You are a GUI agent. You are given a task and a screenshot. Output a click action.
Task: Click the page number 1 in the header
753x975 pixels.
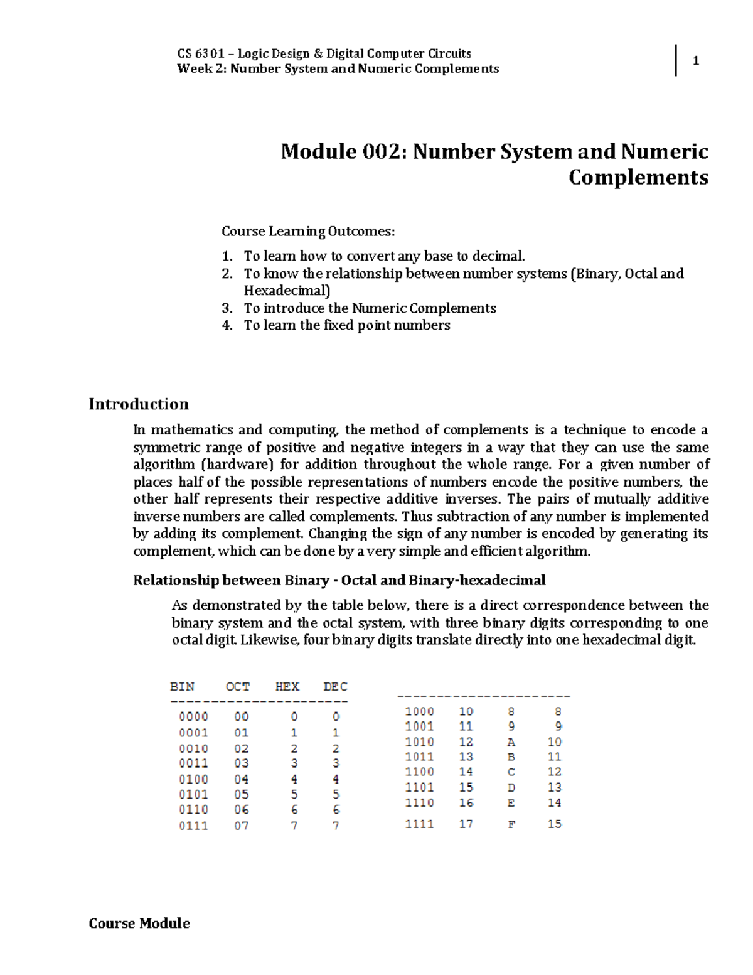[695, 61]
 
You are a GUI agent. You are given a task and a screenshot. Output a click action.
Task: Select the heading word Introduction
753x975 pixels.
[139, 404]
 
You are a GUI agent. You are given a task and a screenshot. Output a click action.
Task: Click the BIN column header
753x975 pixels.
[182, 686]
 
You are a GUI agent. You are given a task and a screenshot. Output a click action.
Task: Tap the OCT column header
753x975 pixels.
[238, 686]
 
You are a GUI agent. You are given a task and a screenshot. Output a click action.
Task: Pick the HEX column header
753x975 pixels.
[287, 686]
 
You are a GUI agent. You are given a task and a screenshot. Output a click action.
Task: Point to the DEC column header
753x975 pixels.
[336, 686]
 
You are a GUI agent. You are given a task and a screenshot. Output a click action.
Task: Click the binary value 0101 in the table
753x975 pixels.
[193, 794]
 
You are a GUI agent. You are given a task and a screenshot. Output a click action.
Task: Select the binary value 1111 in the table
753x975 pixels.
[419, 824]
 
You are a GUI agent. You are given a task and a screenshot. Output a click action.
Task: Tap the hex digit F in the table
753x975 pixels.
[511, 824]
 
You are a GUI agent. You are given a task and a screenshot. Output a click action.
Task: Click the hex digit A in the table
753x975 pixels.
[511, 742]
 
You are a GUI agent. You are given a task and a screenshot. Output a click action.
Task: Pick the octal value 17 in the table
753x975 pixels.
[466, 824]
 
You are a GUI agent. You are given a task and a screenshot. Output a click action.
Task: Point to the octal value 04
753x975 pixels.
[242, 779]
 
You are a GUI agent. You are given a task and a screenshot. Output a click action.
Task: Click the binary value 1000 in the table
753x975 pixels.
[419, 711]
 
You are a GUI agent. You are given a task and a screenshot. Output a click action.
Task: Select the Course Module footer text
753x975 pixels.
[139, 923]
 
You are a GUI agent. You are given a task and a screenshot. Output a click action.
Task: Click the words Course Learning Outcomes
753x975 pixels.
[308, 231]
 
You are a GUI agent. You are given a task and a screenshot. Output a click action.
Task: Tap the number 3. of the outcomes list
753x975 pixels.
[227, 308]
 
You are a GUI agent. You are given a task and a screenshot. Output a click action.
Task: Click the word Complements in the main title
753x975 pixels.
[638, 178]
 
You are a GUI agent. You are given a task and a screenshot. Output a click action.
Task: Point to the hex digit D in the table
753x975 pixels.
[511, 787]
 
